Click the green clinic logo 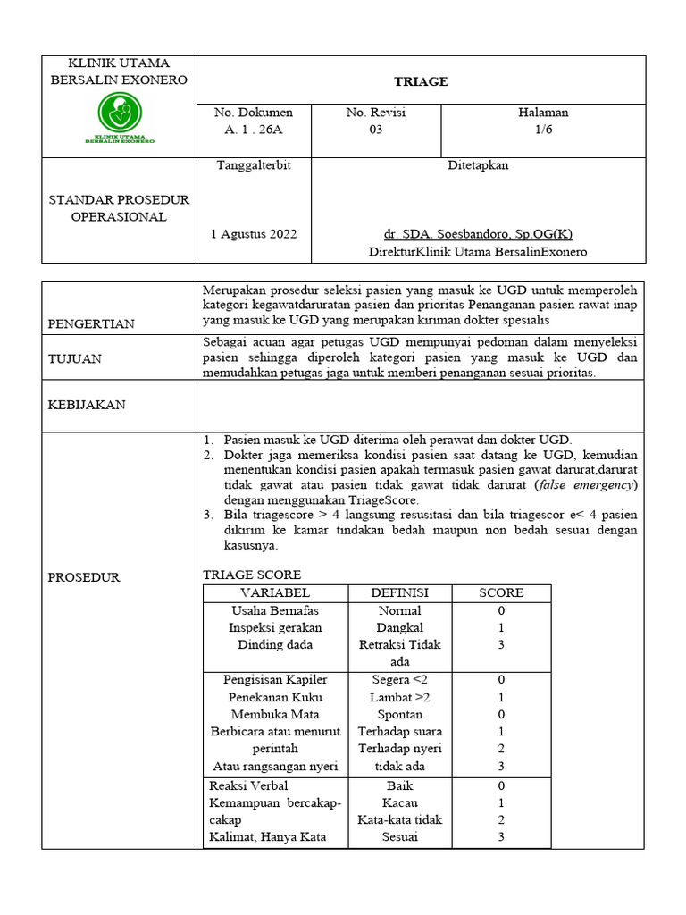119,116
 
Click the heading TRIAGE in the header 421,81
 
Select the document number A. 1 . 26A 253,130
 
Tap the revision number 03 376,130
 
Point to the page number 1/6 543,130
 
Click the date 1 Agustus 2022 254,234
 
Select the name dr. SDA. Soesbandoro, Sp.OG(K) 478,234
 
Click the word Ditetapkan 478,165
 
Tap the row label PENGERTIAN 91,324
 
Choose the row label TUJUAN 74,358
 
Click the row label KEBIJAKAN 87,405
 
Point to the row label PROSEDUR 83,577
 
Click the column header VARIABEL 275,593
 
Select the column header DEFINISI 399,593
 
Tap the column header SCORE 501,593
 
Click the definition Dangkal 399,628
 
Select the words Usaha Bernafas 275,610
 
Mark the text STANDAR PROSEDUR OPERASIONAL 119,208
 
